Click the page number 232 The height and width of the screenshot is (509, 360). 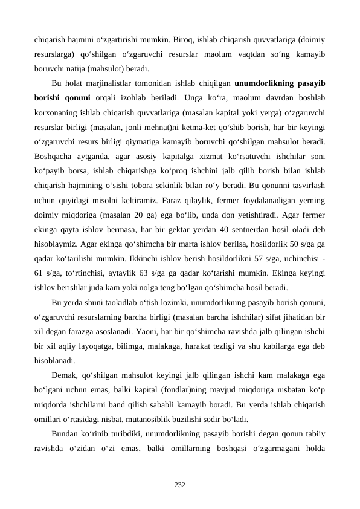coord(179,485)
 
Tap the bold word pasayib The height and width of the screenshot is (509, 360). coord(310,83)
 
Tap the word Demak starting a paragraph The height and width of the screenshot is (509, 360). coord(66,375)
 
